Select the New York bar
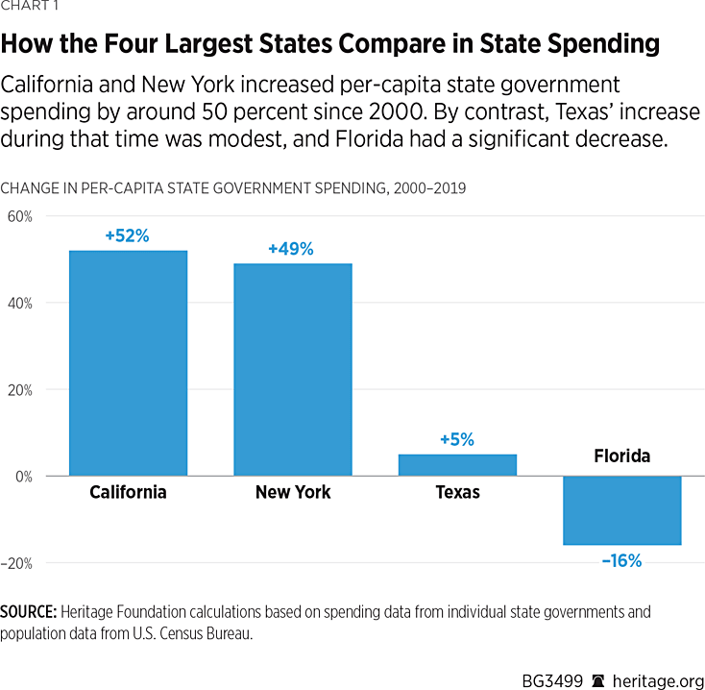tap(293, 370)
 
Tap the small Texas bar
tap(457, 465)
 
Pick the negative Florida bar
tap(622, 510)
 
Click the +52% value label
tap(128, 235)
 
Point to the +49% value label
tap(292, 249)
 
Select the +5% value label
tap(457, 439)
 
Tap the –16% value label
tap(621, 560)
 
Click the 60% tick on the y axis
tap(19, 216)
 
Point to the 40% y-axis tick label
tap(19, 303)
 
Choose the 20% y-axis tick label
tap(19, 390)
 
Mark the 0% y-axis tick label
tap(23, 477)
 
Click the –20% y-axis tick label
tap(17, 563)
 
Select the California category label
tap(128, 492)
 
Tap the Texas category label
tap(457, 492)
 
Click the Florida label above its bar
tap(621, 456)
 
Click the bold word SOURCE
tap(28, 611)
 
